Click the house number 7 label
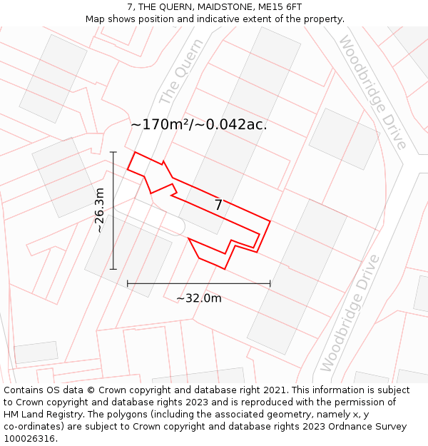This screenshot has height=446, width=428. pos(218,206)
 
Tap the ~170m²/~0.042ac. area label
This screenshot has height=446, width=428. pos(198,124)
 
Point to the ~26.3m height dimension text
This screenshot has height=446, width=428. pos(100,211)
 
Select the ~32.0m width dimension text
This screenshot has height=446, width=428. pos(199,298)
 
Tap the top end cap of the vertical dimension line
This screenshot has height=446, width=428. pos(113,151)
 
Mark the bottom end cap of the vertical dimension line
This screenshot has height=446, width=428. pos(113,269)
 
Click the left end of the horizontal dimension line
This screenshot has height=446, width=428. pos(128,283)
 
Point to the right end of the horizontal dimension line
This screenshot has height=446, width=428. pos(270,283)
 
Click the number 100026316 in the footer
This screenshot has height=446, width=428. pos(31,439)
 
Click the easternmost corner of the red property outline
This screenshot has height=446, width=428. pos(270,221)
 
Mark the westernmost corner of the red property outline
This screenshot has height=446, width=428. pos(128,168)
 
